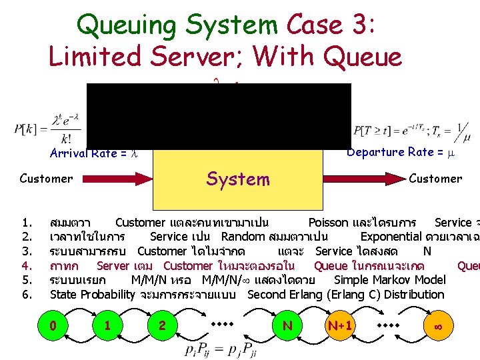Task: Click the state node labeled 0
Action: pyautogui.click(x=53, y=325)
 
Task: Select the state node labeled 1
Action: pyautogui.click(x=107, y=325)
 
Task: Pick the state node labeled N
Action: pyautogui.click(x=287, y=325)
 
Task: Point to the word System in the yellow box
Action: pyautogui.click(x=238, y=179)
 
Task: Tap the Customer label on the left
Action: pyautogui.click(x=46, y=179)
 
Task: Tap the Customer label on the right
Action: pyautogui.click(x=435, y=179)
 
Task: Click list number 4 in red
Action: pyautogui.click(x=27, y=265)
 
